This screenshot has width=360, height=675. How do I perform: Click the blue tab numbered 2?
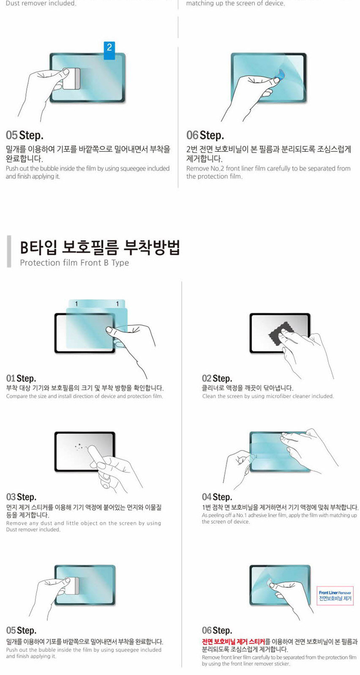109,50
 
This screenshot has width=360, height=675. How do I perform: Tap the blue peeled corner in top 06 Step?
278,75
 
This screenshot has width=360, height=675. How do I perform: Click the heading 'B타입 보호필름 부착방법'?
100,248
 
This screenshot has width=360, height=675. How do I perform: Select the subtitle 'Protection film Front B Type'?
75,263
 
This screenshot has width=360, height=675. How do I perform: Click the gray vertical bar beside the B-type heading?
9,251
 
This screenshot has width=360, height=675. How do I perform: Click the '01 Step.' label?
21,378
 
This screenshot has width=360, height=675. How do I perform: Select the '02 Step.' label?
217,378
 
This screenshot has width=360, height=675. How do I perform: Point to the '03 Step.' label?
21,497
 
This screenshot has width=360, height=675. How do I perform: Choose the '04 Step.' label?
217,497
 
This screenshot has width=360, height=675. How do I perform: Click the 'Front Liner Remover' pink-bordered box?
335,595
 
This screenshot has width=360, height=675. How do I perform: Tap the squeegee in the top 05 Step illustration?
74,79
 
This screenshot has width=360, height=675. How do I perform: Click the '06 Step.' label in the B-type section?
217,630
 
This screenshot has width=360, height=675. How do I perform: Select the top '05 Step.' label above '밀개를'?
24,135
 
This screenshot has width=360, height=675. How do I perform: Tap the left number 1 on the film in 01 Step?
76,303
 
